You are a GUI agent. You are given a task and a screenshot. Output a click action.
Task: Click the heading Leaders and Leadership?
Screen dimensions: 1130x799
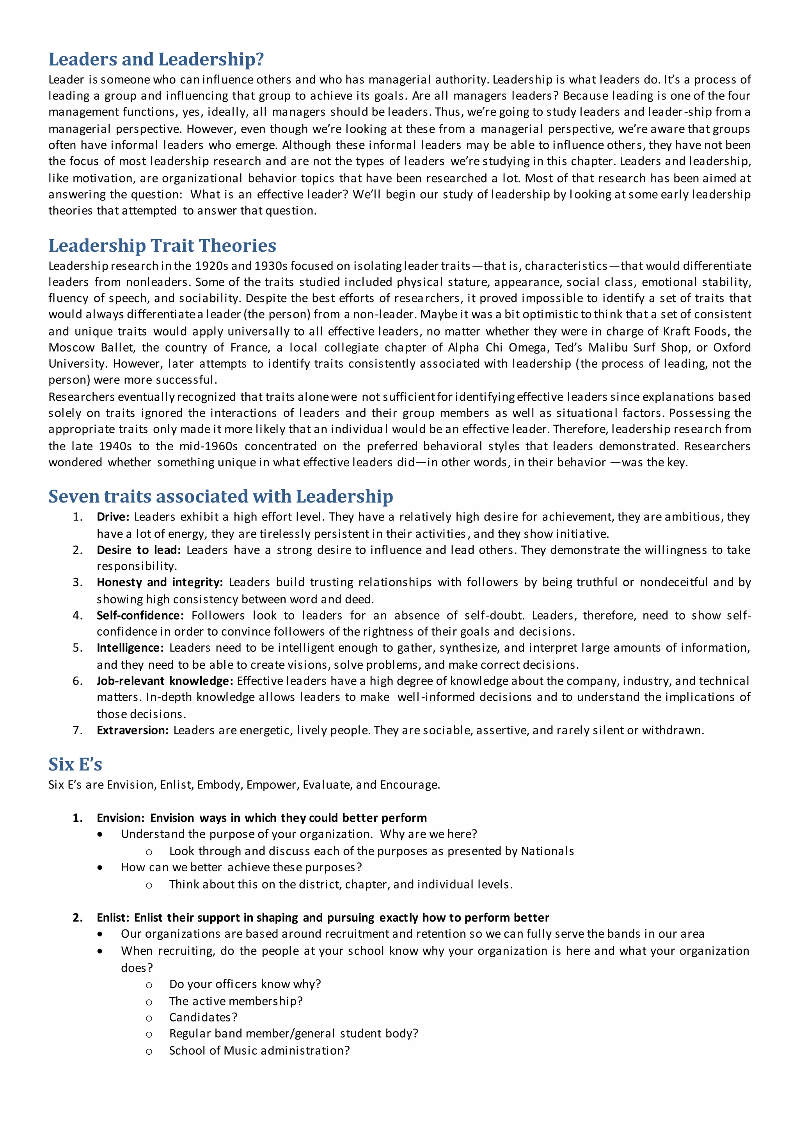[156, 60]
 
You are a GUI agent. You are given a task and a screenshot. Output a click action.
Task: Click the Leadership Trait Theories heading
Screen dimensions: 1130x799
[162, 245]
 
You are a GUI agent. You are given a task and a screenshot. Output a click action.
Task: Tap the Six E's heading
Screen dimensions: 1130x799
[75, 764]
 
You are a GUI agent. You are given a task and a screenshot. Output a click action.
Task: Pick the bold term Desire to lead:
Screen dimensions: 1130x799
[138, 550]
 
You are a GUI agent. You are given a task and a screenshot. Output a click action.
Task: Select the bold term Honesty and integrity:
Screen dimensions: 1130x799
[160, 582]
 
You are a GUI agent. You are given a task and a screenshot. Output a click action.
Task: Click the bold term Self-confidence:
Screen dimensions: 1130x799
[140, 615]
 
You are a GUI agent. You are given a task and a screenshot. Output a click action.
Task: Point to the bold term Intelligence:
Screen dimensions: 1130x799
[130, 648]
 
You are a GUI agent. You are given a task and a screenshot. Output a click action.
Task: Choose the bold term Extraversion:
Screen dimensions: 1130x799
[132, 730]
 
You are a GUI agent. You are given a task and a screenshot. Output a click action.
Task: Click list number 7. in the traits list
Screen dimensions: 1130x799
[77, 730]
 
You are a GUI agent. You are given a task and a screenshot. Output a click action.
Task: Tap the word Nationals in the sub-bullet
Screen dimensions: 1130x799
[547, 851]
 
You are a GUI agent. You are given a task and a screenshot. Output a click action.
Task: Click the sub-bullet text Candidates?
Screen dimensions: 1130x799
[203, 1017]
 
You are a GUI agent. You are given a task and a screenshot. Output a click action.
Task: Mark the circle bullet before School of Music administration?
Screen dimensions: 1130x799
[149, 1051]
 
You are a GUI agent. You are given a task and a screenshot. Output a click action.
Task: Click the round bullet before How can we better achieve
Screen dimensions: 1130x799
[100, 868]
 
